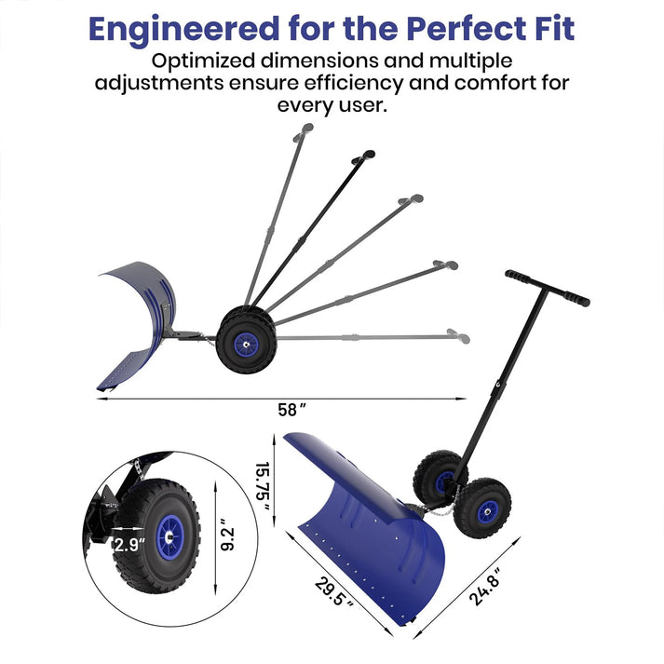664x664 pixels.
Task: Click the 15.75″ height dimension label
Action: pyautogui.click(x=264, y=482)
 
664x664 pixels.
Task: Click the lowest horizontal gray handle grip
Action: pyautogui.click(x=453, y=333)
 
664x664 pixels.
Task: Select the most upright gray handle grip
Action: pyautogui.click(x=303, y=136)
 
